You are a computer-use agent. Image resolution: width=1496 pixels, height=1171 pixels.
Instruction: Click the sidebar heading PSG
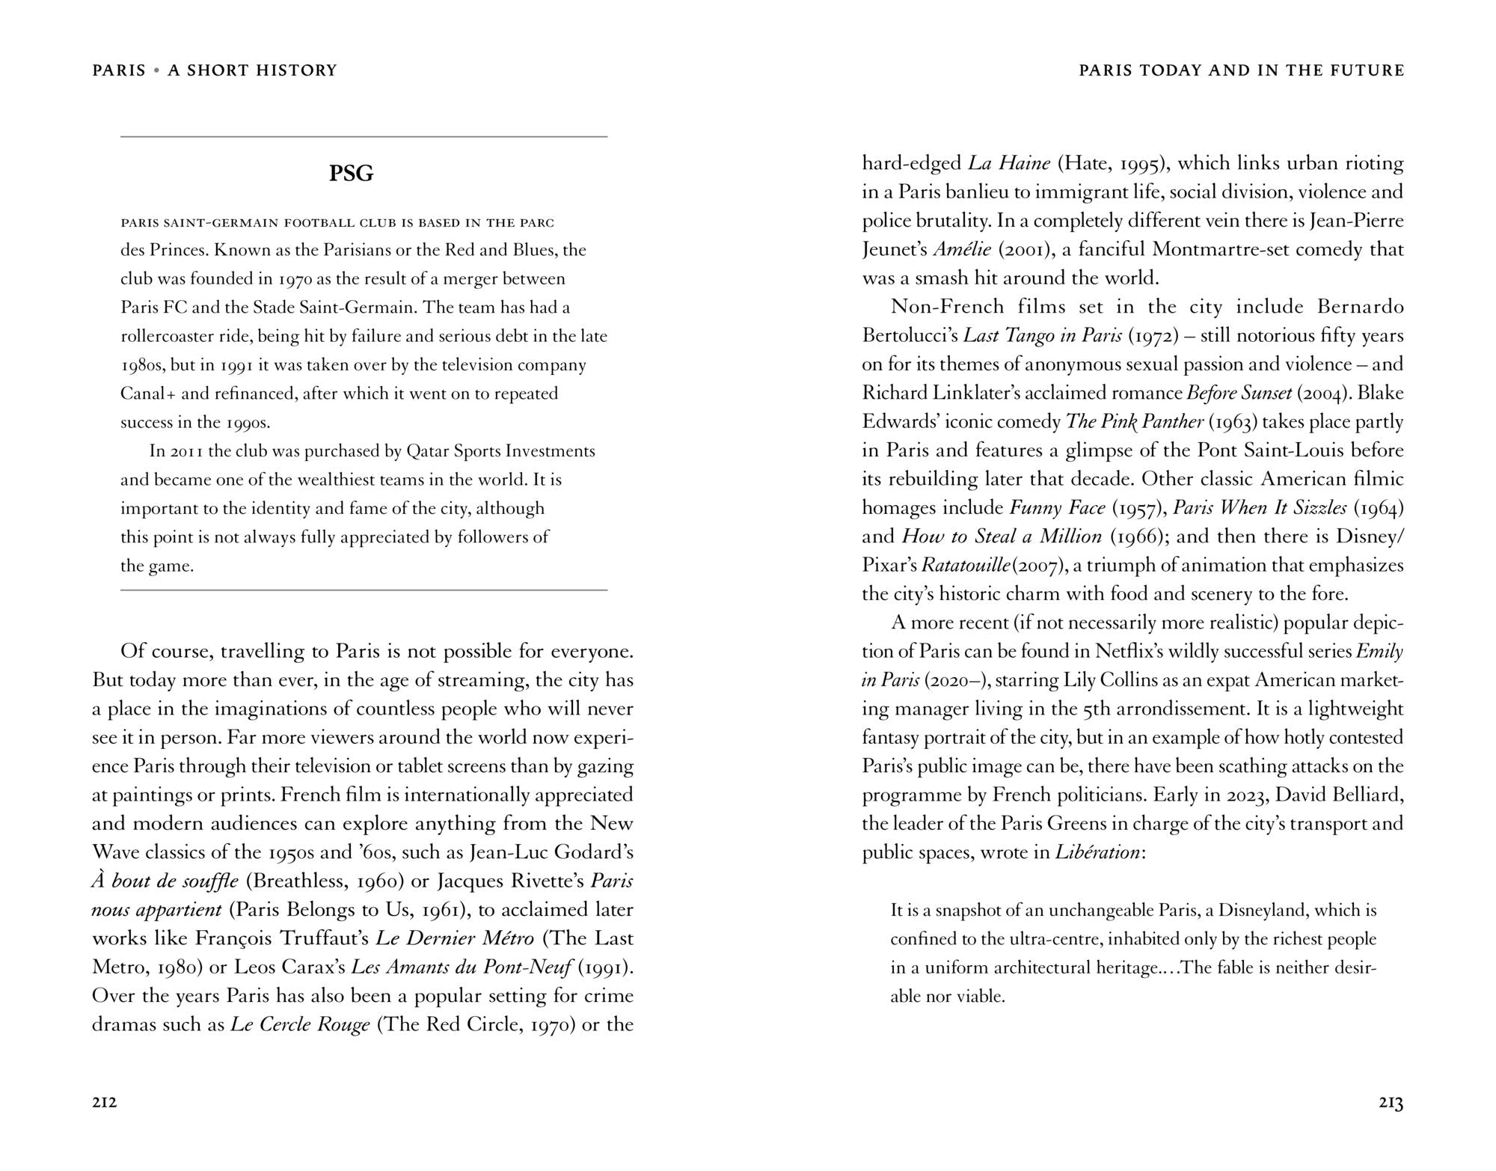[351, 174]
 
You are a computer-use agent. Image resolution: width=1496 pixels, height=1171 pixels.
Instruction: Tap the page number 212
[105, 1102]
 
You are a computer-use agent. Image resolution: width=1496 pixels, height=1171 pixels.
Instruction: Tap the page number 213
[1391, 1102]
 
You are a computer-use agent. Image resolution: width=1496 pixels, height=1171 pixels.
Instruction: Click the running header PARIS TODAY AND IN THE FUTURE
[1242, 70]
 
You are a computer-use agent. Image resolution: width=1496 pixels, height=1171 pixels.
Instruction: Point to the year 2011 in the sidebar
[187, 451]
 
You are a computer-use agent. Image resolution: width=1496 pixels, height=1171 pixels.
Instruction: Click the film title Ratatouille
[966, 565]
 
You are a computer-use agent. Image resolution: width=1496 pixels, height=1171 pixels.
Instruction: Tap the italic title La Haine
[1009, 163]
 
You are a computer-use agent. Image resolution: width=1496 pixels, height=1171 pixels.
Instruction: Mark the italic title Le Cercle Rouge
[300, 1024]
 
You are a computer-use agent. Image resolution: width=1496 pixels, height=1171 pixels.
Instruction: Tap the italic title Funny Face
[1057, 507]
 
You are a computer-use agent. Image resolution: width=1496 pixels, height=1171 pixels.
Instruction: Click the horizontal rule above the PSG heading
[364, 137]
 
